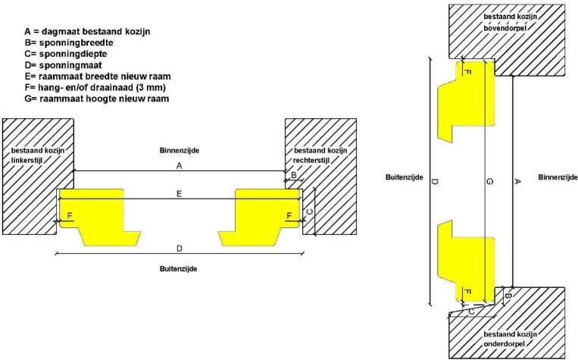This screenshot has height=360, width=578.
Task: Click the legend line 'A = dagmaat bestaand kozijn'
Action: (87, 31)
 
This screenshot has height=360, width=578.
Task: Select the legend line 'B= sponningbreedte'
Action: (69, 42)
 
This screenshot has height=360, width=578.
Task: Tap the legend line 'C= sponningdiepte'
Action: (66, 54)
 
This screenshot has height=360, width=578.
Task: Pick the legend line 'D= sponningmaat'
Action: (63, 65)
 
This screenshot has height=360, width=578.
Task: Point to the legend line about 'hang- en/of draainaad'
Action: (95, 88)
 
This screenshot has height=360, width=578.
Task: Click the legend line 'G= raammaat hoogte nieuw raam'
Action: (96, 99)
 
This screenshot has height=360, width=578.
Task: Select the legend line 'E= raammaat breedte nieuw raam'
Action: (98, 77)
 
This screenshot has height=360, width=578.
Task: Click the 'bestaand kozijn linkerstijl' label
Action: (38, 155)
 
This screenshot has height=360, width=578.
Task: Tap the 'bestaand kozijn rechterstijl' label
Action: (320, 155)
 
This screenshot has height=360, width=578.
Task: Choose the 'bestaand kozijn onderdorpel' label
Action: (510, 339)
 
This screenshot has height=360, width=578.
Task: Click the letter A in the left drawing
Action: (179, 166)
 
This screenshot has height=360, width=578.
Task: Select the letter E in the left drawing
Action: (179, 194)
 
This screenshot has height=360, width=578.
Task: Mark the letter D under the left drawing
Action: (179, 249)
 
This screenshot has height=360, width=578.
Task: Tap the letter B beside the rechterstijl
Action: (294, 175)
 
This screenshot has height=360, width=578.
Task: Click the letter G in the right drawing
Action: (490, 181)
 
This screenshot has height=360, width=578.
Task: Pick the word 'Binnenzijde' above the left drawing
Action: (180, 151)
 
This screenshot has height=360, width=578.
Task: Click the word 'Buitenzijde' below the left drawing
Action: (179, 269)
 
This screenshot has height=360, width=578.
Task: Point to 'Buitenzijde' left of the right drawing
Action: (405, 177)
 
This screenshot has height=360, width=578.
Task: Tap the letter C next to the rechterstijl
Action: (310, 211)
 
